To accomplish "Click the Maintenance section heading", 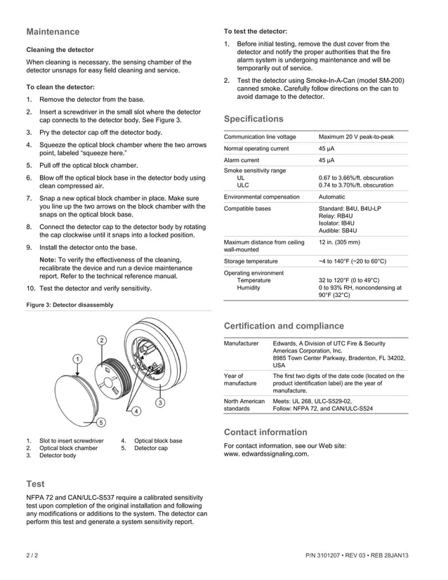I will pos(53,32).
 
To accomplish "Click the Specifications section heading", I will pos(253,119).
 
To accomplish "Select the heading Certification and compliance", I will pos(284,326).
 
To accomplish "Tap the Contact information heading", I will pos(265,432).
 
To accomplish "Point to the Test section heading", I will pos(35,484).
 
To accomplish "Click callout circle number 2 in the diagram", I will pos(102,340).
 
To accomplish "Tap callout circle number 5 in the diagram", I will pos(101,422).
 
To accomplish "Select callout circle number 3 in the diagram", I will pos(160,402).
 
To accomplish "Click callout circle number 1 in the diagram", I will pos(76,359).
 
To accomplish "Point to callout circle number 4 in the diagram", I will pos(136,410).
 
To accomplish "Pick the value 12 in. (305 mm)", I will pos(339,242).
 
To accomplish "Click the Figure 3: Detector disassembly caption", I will pos(69,305).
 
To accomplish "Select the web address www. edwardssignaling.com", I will pos(266,454).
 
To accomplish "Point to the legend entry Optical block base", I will pos(158,441).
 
